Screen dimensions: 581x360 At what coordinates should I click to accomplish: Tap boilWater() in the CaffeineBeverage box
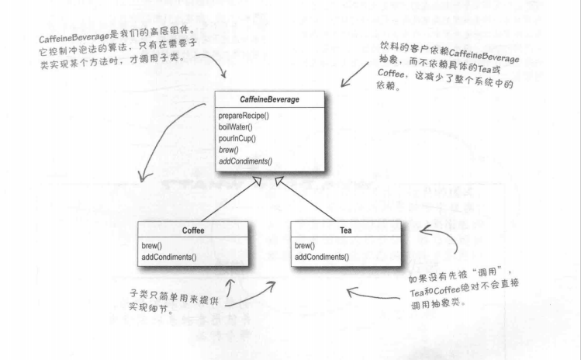tap(237, 126)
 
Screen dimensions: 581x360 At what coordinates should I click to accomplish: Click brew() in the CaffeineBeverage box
tap(229, 149)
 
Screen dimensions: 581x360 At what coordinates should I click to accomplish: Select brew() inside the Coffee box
tap(152, 245)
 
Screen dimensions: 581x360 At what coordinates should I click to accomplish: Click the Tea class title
tap(345, 230)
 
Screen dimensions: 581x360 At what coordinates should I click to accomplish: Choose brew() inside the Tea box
tap(306, 245)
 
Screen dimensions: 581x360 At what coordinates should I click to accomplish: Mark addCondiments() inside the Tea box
tap(322, 257)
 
